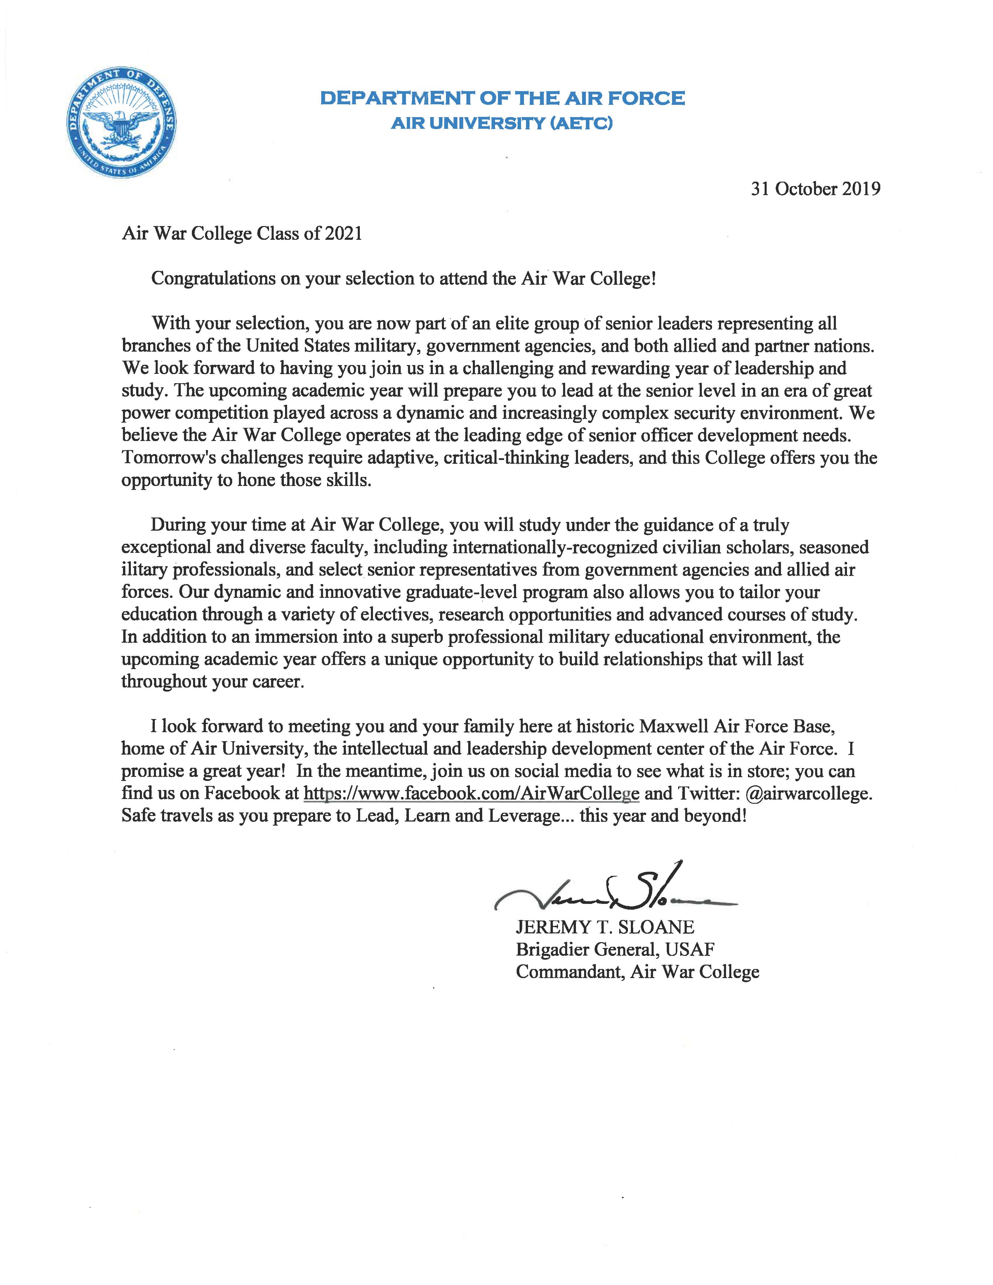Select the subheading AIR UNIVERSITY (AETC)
[x=502, y=124]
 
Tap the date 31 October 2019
[x=815, y=189]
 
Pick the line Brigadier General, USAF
[x=615, y=950]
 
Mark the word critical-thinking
[x=506, y=458]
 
